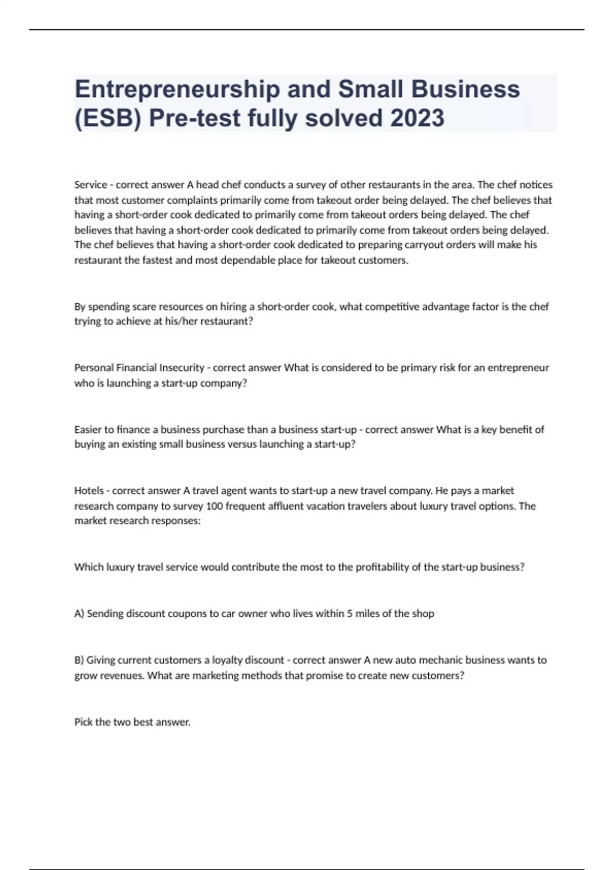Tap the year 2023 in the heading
[417, 118]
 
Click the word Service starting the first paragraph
[91, 185]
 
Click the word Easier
[88, 430]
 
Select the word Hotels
[89, 491]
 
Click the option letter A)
[79, 614]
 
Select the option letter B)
[79, 660]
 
